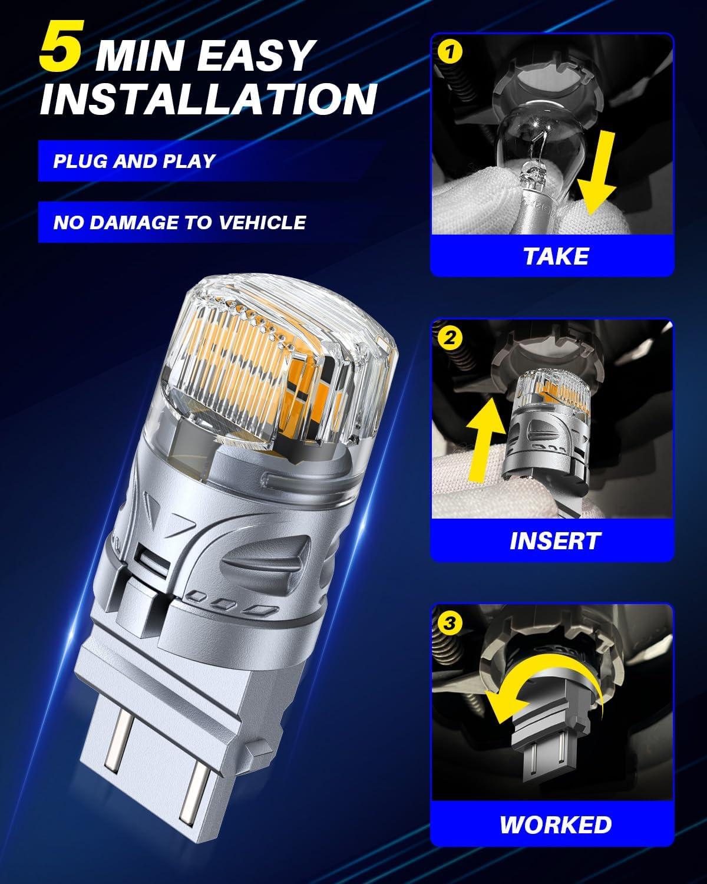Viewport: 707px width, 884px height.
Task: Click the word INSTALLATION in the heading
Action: click(x=209, y=99)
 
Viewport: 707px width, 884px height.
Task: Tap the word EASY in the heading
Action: click(x=255, y=55)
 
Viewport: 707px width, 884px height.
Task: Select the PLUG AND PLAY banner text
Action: click(x=134, y=161)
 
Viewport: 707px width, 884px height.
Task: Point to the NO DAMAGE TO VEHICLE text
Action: click(x=180, y=222)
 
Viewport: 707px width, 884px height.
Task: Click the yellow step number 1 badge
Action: click(x=450, y=52)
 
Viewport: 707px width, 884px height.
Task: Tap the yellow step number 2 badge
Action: click(x=450, y=338)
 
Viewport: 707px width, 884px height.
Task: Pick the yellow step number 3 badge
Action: click(x=450, y=623)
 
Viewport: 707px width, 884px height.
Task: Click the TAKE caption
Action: click(x=556, y=256)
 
